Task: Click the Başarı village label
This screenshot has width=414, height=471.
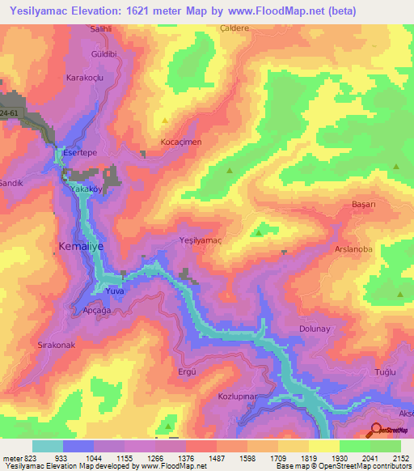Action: pos(365,205)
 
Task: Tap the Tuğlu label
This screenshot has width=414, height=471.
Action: pos(382,371)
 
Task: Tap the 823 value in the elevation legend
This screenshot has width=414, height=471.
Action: pos(25,458)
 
